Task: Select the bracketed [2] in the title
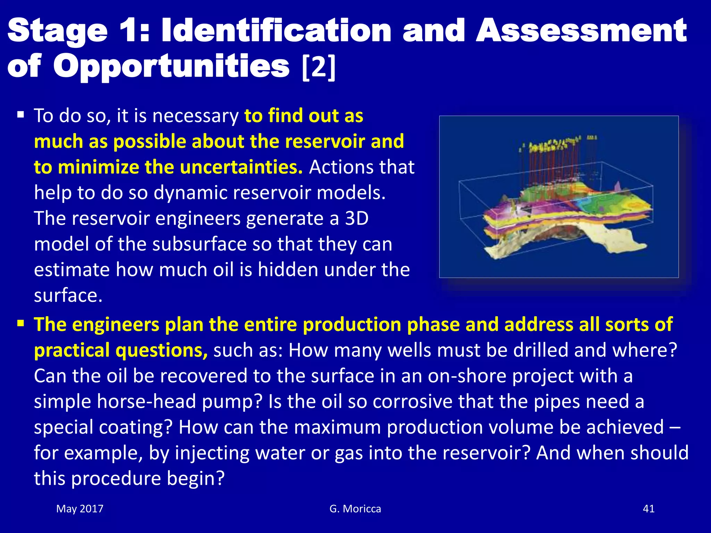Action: (319, 67)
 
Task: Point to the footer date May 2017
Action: (80, 509)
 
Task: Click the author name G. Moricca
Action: (355, 509)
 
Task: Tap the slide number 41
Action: (649, 509)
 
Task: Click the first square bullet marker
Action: (20, 115)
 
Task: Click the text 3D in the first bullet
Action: (357, 218)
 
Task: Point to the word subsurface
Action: (199, 244)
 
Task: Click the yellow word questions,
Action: (162, 350)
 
